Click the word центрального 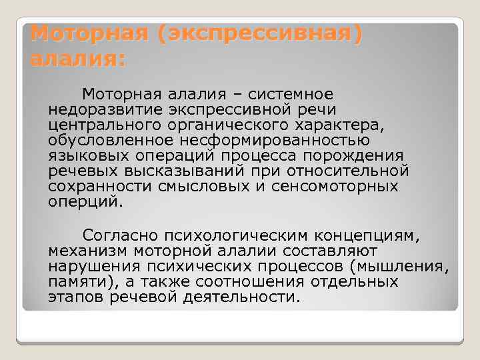107,125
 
